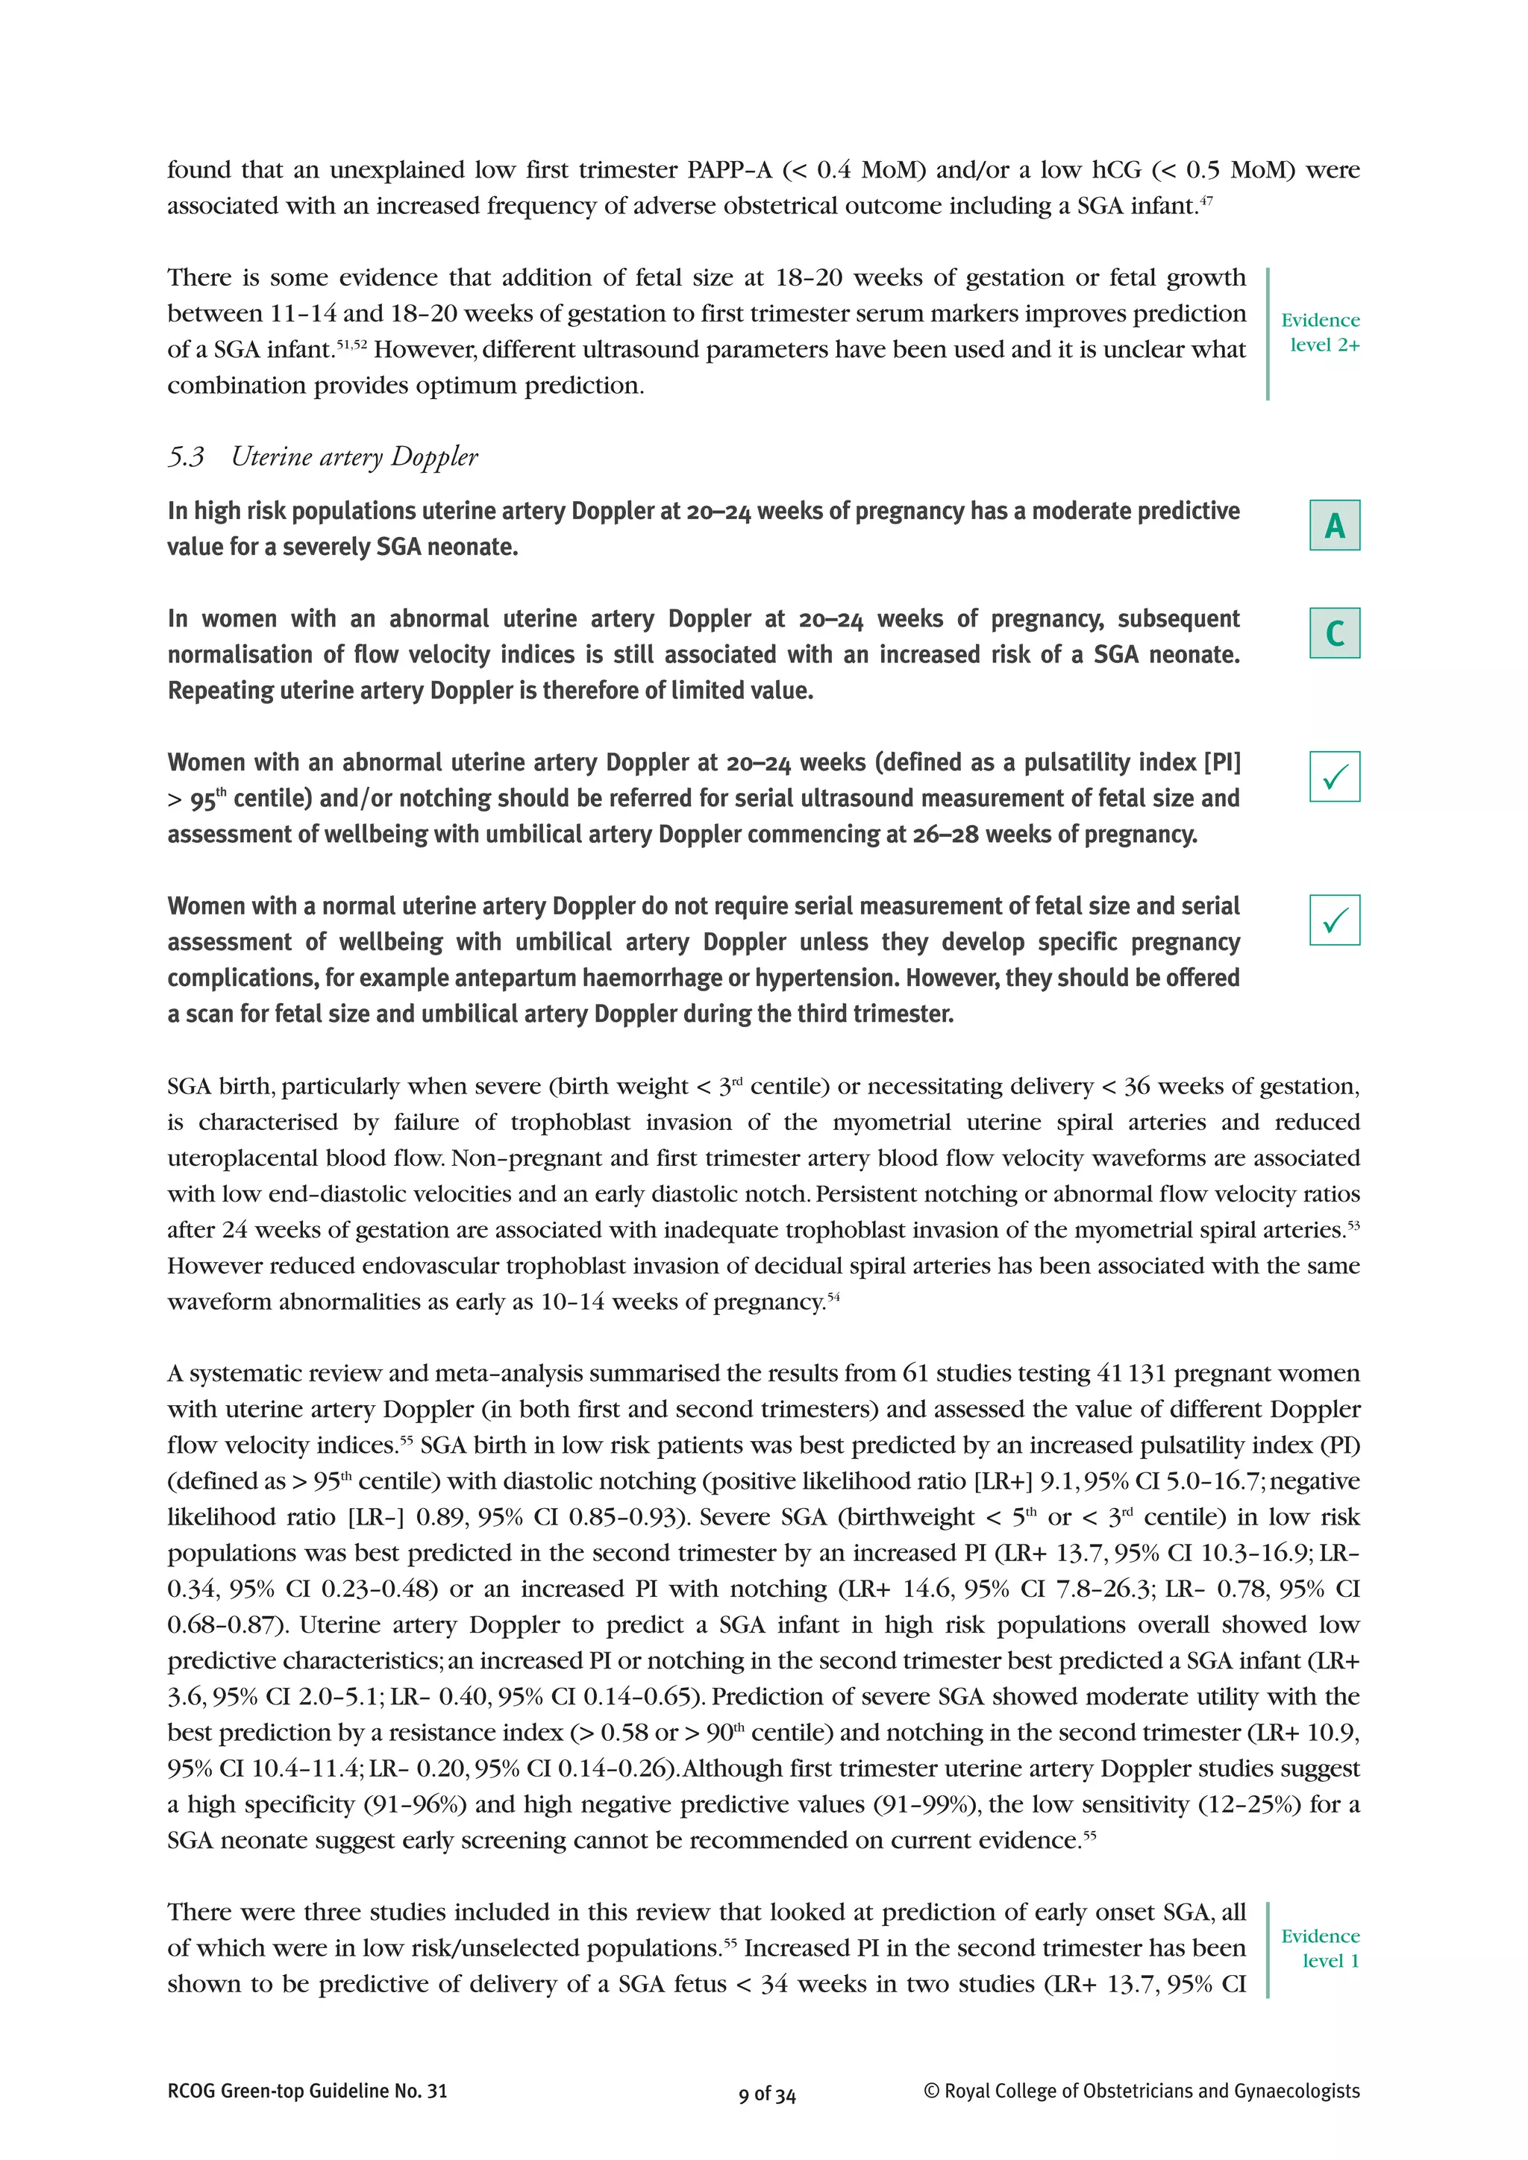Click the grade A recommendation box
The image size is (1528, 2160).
(1334, 525)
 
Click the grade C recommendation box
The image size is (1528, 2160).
(1334, 633)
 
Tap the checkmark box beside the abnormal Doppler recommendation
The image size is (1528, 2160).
(1334, 777)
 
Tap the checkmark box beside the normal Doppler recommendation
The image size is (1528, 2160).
(1334, 920)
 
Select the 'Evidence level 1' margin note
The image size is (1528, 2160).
(1321, 1948)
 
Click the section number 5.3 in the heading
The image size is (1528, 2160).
(187, 457)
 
